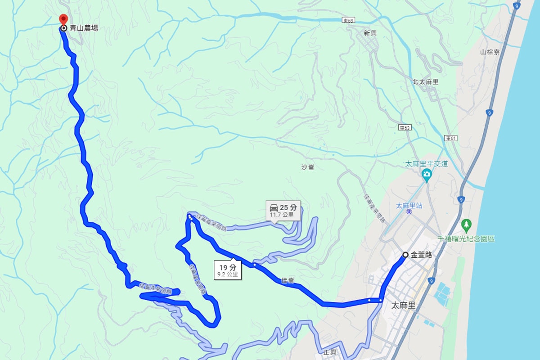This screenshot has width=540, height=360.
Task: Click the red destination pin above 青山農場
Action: [63, 19]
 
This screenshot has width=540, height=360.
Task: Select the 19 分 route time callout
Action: [227, 270]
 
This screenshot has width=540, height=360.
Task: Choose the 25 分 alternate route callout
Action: [283, 210]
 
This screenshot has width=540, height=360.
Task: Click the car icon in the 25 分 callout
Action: [274, 207]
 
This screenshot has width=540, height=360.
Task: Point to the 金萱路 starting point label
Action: [422, 255]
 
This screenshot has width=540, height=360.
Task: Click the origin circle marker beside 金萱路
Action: [405, 255]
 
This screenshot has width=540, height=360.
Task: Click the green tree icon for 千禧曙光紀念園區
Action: [467, 224]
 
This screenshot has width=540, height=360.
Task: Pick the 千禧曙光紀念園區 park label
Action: [467, 238]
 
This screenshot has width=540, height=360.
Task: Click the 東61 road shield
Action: [450, 138]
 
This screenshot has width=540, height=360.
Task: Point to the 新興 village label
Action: [370, 33]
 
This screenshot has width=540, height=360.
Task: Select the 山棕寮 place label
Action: [490, 52]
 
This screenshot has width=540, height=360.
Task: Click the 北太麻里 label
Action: [425, 82]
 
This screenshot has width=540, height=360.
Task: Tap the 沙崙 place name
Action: [308, 167]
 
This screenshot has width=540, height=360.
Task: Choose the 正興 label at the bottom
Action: [330, 352]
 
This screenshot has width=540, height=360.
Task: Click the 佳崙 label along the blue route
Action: [288, 280]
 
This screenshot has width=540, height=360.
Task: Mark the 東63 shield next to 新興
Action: [348, 20]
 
